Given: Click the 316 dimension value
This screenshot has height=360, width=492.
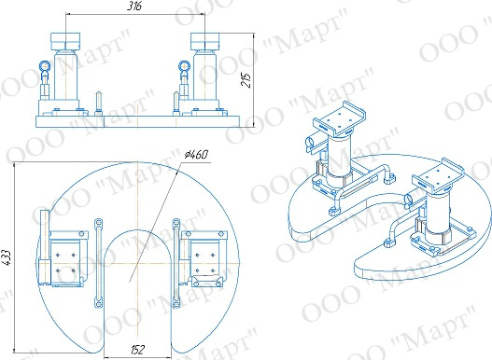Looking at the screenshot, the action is [x=134, y=6].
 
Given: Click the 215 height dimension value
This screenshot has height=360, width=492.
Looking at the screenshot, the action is [x=246, y=80].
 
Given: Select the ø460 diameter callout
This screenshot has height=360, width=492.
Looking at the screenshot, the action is [x=196, y=155].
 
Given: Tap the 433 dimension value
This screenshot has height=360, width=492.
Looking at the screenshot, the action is [x=7, y=257].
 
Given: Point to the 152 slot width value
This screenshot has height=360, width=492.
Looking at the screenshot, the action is [x=137, y=350].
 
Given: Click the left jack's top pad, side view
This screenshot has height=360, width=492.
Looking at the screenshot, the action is [x=65, y=41].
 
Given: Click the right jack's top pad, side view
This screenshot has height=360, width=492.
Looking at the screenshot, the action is [x=204, y=41].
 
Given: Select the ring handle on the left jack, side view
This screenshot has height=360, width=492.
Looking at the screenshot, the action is [x=44, y=66].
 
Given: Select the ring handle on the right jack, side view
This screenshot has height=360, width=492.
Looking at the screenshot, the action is [x=184, y=66].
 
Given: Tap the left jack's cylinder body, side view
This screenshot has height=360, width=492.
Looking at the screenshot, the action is [x=66, y=76].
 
